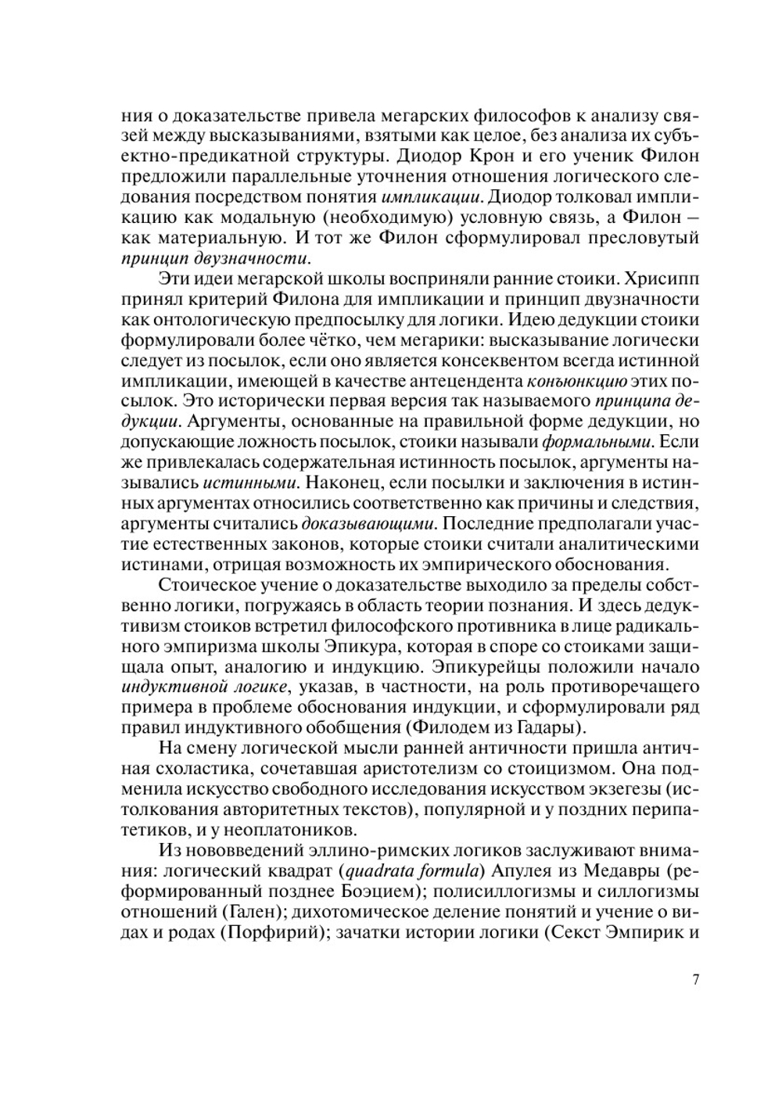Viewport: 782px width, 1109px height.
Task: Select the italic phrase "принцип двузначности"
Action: [x=216, y=257]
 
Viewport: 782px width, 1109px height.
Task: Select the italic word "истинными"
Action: [x=254, y=483]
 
